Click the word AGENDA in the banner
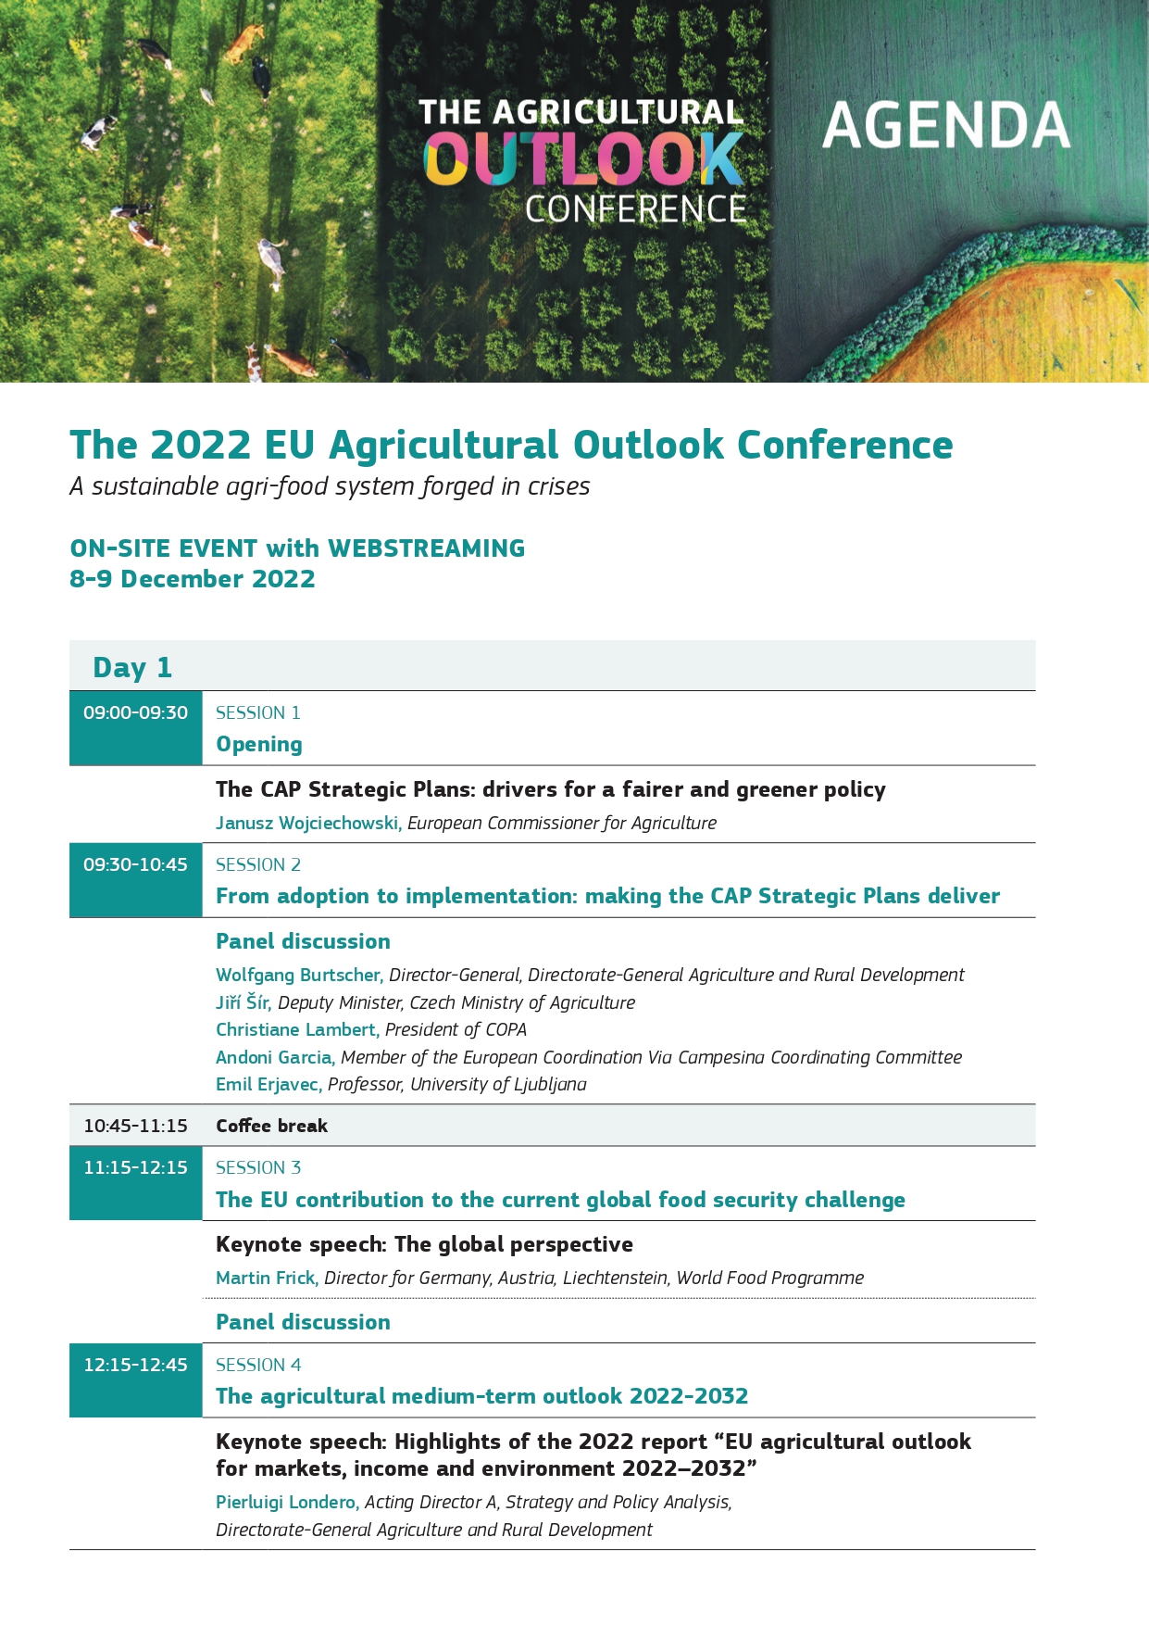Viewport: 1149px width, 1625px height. tap(945, 125)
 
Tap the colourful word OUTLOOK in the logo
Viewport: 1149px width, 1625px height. tap(583, 159)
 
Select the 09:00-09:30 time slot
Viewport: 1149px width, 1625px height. tap(135, 712)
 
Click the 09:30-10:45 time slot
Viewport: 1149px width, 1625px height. tap(135, 864)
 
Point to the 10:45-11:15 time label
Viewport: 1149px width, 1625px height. tap(135, 1126)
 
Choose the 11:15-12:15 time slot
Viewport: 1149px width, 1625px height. tap(135, 1167)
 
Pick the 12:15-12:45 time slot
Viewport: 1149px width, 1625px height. tap(135, 1365)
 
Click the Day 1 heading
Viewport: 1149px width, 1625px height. tap(132, 668)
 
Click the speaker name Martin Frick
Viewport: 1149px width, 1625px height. tap(267, 1278)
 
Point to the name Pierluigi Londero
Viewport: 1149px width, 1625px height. tap(287, 1503)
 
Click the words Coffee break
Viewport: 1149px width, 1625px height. tap(271, 1126)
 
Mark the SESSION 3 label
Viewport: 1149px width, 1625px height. tap(258, 1167)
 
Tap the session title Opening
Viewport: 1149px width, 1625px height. tap(259, 745)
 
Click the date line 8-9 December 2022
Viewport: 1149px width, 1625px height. tap(193, 579)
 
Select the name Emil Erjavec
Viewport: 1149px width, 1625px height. tap(269, 1084)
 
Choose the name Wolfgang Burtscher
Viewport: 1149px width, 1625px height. tap(299, 975)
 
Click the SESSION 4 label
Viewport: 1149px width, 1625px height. tap(258, 1365)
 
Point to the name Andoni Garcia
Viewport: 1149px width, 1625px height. tap(275, 1057)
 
